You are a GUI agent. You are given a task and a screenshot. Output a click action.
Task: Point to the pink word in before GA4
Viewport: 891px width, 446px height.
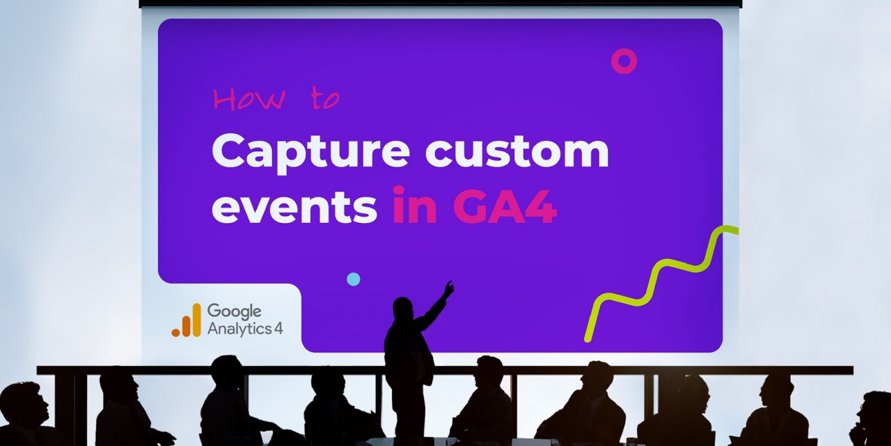(x=416, y=206)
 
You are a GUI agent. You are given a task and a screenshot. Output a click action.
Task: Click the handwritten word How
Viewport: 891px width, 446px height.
(x=249, y=100)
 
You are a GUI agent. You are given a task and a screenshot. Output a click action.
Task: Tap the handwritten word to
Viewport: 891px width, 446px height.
(x=325, y=100)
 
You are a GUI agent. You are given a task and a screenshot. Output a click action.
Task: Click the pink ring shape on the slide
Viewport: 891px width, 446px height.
(x=624, y=61)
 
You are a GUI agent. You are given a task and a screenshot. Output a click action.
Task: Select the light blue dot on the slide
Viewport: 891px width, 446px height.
(x=354, y=279)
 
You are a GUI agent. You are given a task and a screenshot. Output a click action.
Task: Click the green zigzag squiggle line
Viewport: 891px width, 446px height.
(x=654, y=279)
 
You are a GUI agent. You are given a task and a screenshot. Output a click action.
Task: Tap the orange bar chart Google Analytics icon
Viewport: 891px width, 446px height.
(x=187, y=321)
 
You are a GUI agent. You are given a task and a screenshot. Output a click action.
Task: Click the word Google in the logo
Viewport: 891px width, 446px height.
(x=234, y=312)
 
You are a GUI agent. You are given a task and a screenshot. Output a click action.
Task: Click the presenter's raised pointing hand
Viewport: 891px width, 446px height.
(x=448, y=288)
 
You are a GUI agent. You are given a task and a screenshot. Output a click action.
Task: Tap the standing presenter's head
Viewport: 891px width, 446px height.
(x=402, y=308)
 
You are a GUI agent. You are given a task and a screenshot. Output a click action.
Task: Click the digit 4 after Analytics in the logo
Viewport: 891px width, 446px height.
(x=278, y=328)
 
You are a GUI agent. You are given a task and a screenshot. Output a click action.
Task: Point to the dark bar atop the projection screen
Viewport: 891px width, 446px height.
(x=440, y=3)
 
